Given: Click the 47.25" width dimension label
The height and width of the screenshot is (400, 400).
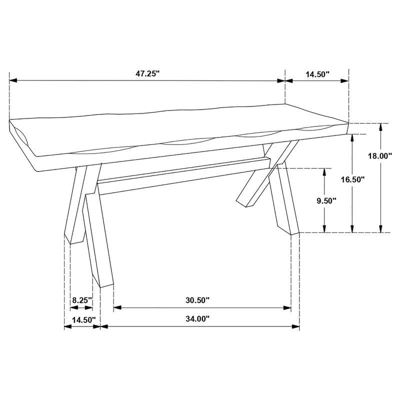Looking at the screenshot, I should coord(147,73).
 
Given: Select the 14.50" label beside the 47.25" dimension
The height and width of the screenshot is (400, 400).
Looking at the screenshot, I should coord(317,74).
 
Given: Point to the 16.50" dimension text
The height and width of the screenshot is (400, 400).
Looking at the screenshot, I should coord(353,178).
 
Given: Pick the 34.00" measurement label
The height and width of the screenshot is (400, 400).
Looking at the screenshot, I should coord(197,318).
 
